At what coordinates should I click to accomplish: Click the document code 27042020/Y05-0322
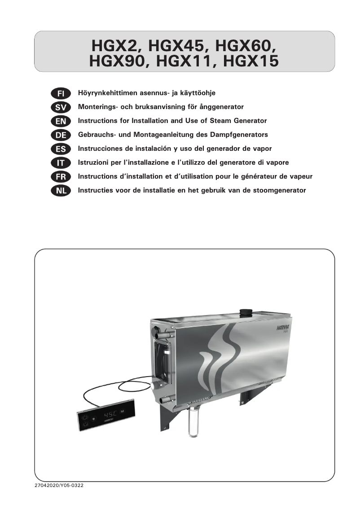(59, 486)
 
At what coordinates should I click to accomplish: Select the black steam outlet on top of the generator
(245, 312)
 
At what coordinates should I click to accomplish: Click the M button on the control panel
(122, 411)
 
